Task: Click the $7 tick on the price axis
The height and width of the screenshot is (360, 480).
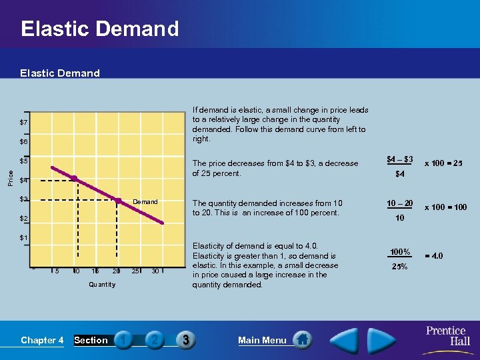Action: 24,123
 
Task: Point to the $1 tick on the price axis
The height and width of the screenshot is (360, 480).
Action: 24,238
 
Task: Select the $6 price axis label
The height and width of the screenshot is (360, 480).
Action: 24,142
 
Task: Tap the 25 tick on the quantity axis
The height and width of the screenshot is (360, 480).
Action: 136,271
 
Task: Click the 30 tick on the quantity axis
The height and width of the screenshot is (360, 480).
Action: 155,271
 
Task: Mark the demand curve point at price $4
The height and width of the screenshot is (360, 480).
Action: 75,179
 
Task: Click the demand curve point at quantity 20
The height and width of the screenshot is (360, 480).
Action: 117,200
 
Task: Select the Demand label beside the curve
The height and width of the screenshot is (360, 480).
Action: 145,201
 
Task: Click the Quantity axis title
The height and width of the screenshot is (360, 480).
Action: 101,285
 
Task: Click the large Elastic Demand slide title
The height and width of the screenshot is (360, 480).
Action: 100,29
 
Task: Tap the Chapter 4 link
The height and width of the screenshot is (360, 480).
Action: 42,340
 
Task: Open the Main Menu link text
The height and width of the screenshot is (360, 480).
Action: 262,340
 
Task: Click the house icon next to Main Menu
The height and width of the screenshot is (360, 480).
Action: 302,339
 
